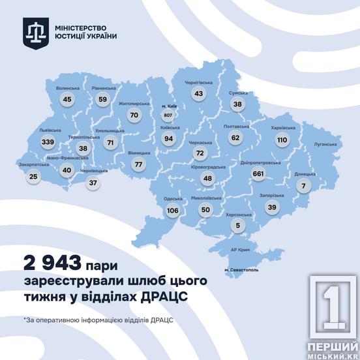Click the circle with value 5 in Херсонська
(238, 226)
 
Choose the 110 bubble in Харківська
(282, 140)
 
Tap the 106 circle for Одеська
(172, 211)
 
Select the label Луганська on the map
(324, 143)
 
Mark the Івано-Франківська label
(63, 158)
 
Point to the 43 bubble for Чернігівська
(199, 95)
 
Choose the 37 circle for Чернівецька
(93, 183)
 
